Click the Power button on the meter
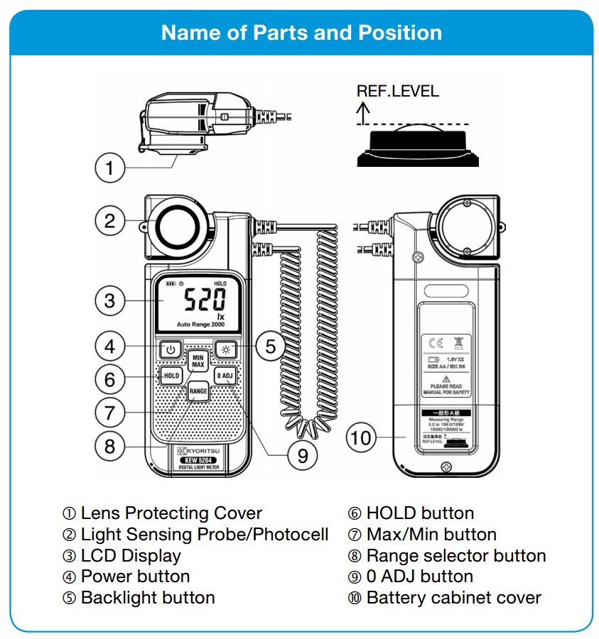pyautogui.click(x=169, y=349)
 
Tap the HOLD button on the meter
pyautogui.click(x=171, y=376)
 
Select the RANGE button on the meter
pyautogui.click(x=198, y=391)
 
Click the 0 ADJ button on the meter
pyautogui.click(x=225, y=376)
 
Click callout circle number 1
pyautogui.click(x=109, y=169)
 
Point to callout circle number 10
pyautogui.click(x=361, y=437)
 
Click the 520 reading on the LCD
pyautogui.click(x=206, y=301)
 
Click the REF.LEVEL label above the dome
pyautogui.click(x=397, y=91)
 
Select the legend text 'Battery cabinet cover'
pyautogui.click(x=453, y=598)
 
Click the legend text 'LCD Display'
pyautogui.click(x=131, y=556)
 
